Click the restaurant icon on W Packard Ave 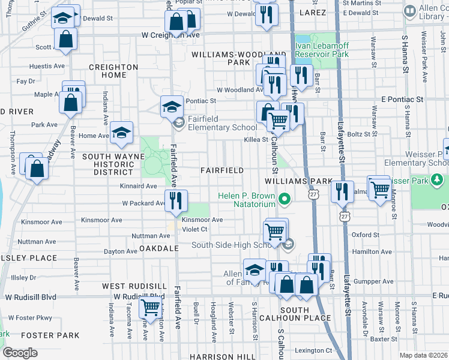176,201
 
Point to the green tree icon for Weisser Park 438,179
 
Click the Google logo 20,353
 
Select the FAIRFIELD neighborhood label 222,170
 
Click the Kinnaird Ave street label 138,187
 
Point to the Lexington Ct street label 313,350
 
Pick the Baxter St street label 380,339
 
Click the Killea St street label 256,139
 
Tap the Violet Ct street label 194,229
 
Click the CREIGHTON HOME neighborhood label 107,71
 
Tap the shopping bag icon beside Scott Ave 65,40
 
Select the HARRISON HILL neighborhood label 222,356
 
